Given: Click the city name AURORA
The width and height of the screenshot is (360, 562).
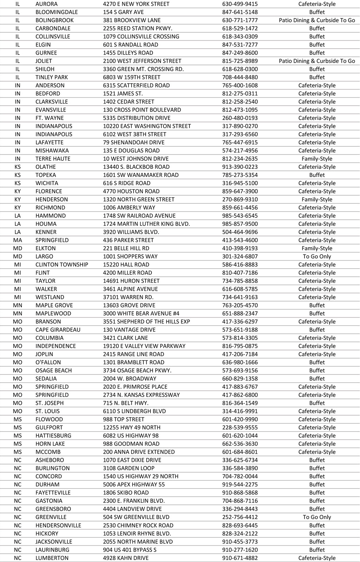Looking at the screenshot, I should click(x=46, y=4).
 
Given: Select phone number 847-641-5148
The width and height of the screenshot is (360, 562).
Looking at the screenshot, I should click(x=240, y=12).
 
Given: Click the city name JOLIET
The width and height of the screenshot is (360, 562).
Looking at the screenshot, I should click(x=44, y=61).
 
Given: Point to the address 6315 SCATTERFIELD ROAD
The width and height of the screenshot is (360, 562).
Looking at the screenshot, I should click(x=136, y=85).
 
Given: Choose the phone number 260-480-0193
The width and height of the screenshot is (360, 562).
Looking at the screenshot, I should click(x=240, y=118).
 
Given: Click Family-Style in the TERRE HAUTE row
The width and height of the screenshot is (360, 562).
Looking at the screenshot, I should click(x=317, y=159).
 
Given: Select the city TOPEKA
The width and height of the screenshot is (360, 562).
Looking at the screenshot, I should click(x=46, y=175).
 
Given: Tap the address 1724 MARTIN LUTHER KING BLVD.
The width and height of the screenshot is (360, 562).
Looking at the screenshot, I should click(x=146, y=224).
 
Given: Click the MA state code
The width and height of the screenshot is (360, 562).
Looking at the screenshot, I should click(x=18, y=240).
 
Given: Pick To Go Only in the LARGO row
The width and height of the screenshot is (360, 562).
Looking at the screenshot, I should click(x=317, y=256).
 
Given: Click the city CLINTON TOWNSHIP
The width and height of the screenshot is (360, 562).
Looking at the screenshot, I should click(x=62, y=264).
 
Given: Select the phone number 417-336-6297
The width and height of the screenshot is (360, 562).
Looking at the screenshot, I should click(x=240, y=321).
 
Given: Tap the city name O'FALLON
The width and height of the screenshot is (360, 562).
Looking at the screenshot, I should click(x=48, y=362).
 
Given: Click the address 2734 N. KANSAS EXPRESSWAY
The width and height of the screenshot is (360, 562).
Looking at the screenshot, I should click(x=141, y=395).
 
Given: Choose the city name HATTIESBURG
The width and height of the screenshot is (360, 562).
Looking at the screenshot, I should click(x=53, y=435).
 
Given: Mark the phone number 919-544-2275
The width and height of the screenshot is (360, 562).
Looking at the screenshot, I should click(x=240, y=484).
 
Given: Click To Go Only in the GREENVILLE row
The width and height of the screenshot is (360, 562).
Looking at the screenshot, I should click(x=317, y=517).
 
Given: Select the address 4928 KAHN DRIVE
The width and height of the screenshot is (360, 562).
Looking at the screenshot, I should click(x=126, y=558).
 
